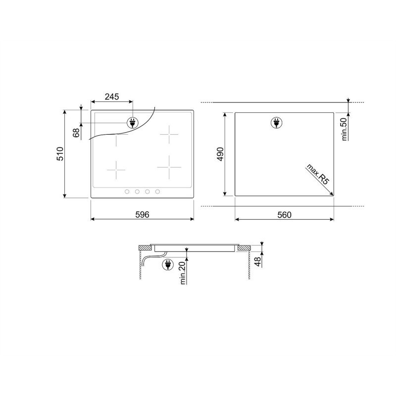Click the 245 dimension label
point(112,97)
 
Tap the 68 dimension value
point(76,133)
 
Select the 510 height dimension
point(60,153)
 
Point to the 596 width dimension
point(142,214)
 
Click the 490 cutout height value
point(220,154)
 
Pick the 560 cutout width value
point(284,215)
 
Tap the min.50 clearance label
point(345,129)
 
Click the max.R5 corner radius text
point(318,174)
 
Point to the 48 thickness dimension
point(257,261)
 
